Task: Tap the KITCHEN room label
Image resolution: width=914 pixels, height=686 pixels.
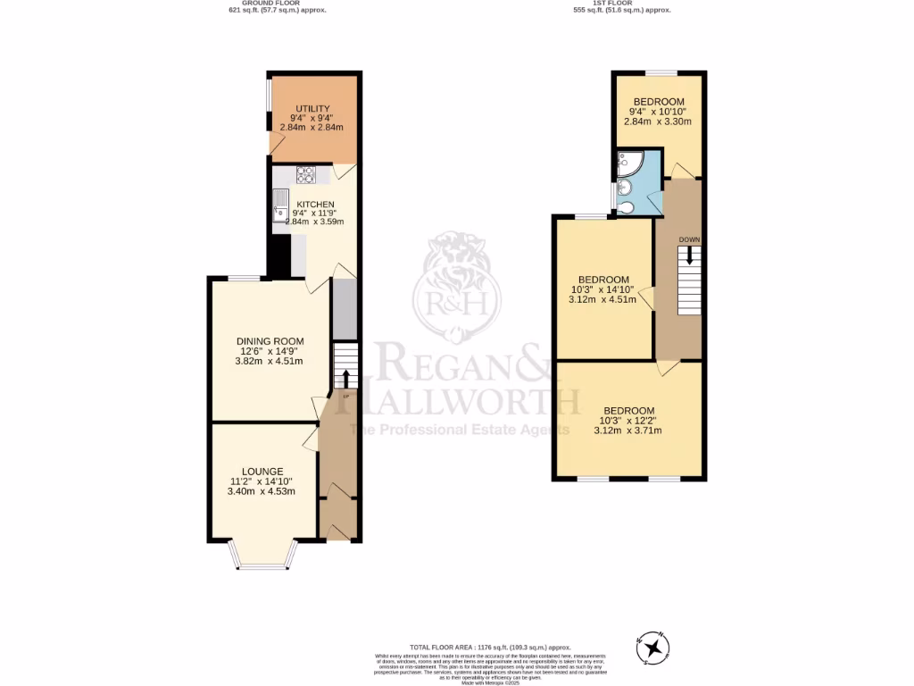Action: click(x=315, y=205)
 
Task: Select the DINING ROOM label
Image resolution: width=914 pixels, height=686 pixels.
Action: click(x=270, y=341)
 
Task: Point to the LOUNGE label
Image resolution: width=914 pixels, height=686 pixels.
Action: click(x=262, y=472)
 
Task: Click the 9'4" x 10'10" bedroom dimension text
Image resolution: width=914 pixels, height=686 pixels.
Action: click(x=659, y=112)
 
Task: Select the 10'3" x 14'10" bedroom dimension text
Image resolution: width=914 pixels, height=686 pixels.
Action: click(x=603, y=289)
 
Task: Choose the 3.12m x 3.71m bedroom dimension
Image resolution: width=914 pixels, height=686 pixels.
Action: click(x=628, y=430)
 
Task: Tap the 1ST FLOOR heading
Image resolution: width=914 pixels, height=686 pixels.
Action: click(x=622, y=3)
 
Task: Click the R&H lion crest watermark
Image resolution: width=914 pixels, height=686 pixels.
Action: click(x=456, y=284)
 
